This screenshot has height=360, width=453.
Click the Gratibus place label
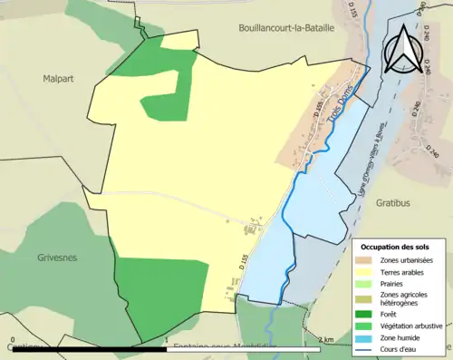395,203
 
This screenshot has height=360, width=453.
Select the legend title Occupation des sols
394,247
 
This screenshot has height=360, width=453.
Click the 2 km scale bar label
327,342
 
